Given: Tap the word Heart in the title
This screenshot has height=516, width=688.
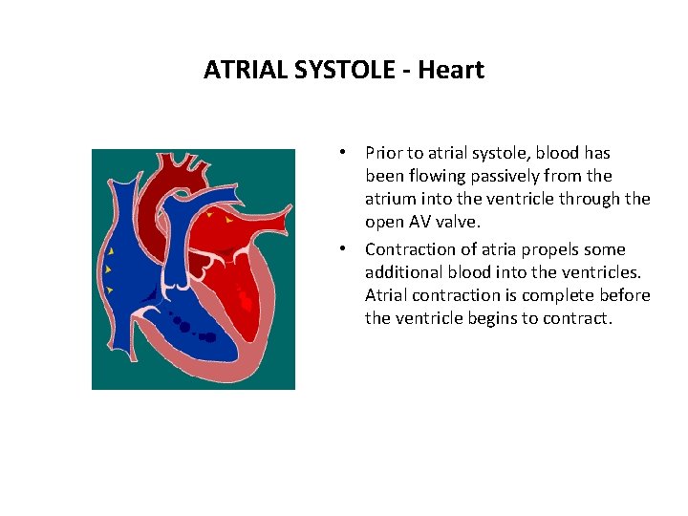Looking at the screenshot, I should click(451, 70).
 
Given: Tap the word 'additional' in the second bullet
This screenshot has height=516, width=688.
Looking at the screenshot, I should click(401, 272).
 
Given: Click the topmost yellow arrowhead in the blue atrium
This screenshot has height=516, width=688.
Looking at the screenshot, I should click(111, 250).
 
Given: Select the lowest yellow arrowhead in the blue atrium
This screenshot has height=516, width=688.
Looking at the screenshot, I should click(111, 289).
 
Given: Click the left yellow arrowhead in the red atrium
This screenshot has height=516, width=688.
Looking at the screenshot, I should click(209, 216).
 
